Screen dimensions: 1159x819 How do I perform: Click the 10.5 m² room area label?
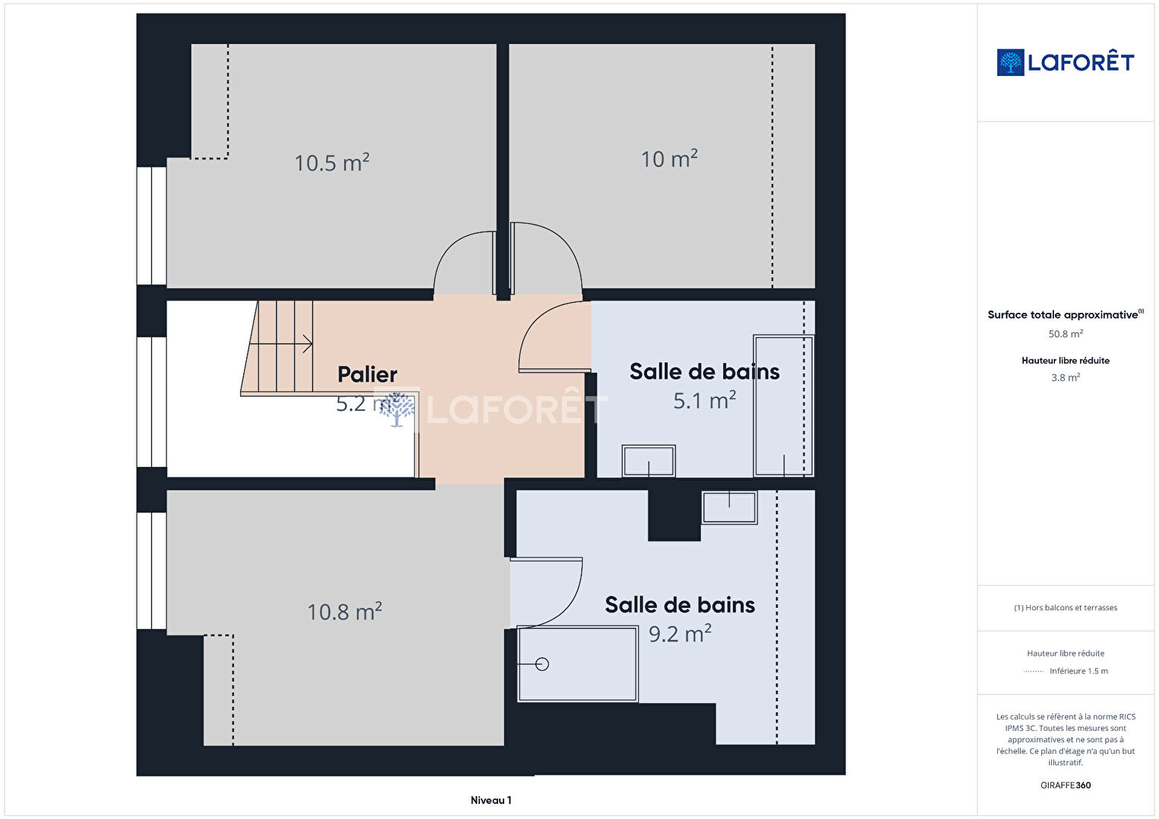tap(332, 162)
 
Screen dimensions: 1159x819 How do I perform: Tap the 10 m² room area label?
tap(669, 159)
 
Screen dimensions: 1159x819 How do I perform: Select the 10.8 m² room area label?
tap(345, 612)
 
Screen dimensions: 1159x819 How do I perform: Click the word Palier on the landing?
tap(368, 373)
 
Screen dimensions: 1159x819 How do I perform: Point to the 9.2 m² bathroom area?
tap(680, 634)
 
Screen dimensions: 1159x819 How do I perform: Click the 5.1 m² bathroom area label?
tap(704, 401)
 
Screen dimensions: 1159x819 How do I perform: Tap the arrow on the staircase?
tap(281, 343)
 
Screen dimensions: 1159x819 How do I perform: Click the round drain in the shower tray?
tap(542, 664)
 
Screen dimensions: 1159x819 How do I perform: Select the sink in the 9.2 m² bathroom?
tap(729, 508)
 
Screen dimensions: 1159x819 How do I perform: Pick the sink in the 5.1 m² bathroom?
tap(649, 461)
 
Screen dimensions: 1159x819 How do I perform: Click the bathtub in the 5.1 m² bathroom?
tap(783, 406)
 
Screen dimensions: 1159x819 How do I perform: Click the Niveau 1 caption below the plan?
tap(491, 800)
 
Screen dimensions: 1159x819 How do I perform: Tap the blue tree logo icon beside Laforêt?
tap(1010, 62)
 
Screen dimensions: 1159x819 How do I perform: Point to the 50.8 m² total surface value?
tap(1066, 334)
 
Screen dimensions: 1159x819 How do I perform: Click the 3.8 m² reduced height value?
tap(1066, 377)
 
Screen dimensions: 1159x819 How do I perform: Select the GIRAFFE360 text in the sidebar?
tap(1066, 786)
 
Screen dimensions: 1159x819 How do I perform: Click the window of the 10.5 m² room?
tap(152, 225)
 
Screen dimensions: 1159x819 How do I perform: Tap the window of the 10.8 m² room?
tap(152, 571)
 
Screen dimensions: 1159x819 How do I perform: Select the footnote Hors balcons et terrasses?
tap(1066, 607)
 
